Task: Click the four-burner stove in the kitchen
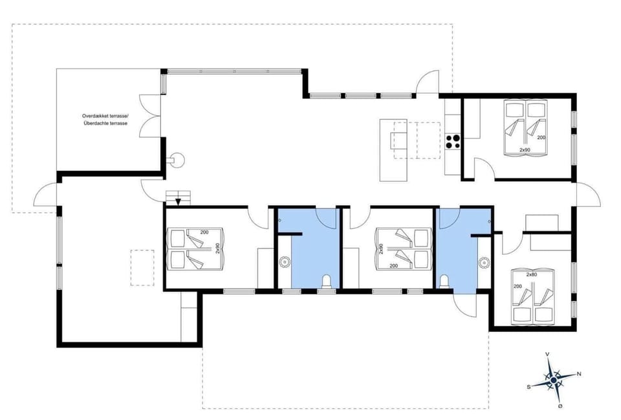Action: [453, 140]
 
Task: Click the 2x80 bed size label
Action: [531, 275]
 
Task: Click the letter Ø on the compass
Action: [560, 406]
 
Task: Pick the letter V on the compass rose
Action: [548, 354]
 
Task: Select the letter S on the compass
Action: [529, 386]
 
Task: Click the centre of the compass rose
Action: [554, 380]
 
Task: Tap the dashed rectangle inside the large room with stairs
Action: [142, 267]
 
